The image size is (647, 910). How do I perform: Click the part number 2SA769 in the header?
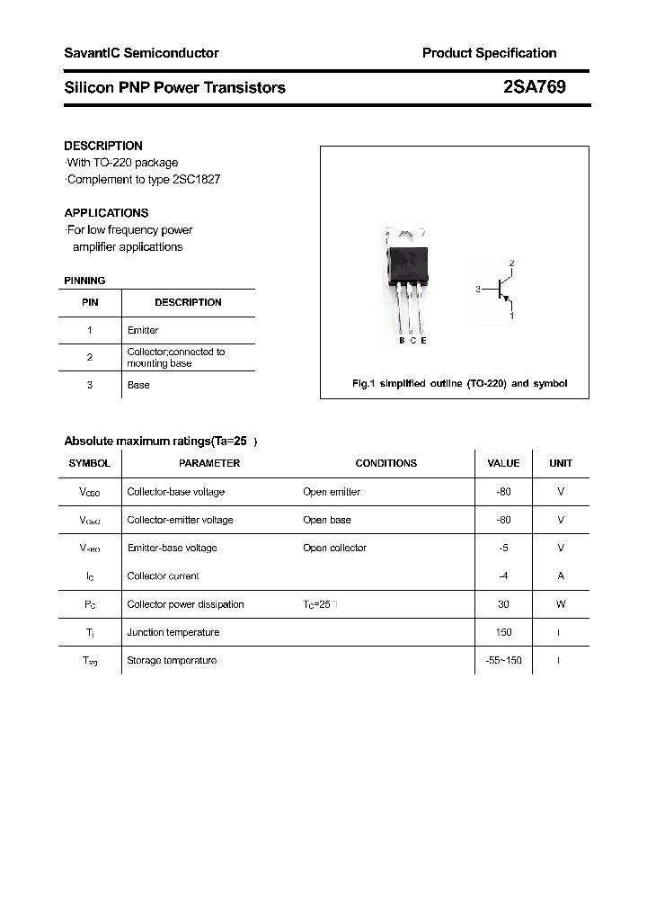(x=535, y=87)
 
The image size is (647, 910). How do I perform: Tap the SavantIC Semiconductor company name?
(x=141, y=53)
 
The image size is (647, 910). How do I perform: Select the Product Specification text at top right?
(x=489, y=53)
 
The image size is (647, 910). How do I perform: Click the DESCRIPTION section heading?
(x=103, y=146)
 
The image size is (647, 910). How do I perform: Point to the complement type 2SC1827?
(x=196, y=179)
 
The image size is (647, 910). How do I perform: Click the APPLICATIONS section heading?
(x=106, y=213)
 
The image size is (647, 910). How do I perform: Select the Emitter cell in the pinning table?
(x=143, y=330)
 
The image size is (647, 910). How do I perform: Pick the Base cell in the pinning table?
(x=138, y=385)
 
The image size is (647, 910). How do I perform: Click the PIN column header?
(x=90, y=302)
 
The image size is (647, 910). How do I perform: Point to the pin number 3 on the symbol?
(x=478, y=290)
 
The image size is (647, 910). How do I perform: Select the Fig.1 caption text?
(x=458, y=383)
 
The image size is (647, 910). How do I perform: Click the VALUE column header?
(x=503, y=463)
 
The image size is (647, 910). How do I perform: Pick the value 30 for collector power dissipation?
(x=503, y=604)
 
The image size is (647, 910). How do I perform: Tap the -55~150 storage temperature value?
(x=503, y=660)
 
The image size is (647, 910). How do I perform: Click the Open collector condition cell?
(x=334, y=548)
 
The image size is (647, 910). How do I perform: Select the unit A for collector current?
(x=561, y=575)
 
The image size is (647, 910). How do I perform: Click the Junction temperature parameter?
(x=173, y=632)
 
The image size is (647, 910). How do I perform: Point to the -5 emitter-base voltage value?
(x=503, y=548)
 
